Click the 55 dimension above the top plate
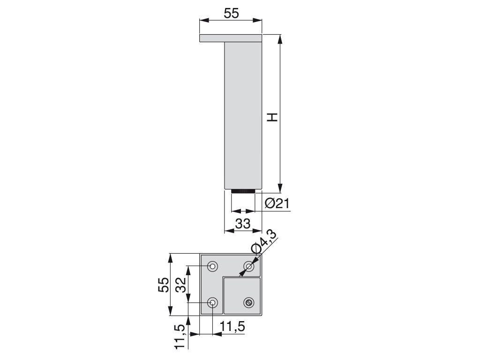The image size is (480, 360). tap(231, 14)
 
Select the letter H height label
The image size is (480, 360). tap(272, 117)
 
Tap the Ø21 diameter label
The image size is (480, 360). tap(277, 203)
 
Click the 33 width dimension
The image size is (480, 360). tap(243, 224)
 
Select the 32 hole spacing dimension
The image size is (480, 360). tap(182, 285)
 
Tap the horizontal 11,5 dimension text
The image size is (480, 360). tap(233, 327)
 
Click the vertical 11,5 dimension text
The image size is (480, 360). tap(180, 336)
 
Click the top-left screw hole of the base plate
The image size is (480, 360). tap(212, 266)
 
